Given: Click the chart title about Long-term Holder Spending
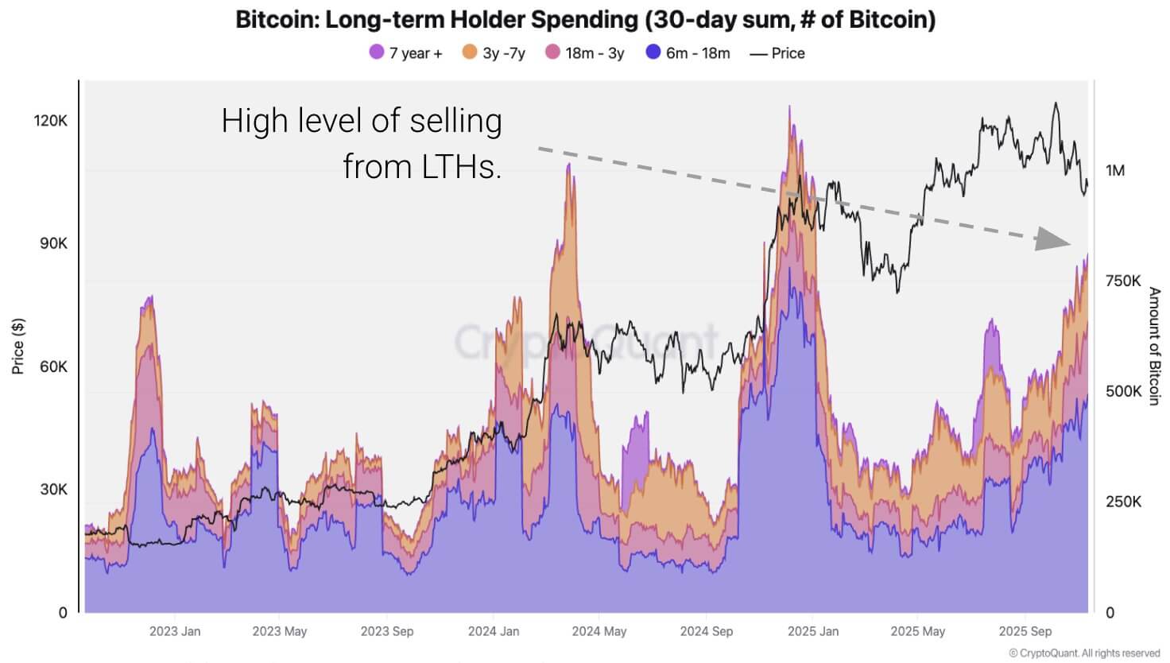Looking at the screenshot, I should click(x=585, y=19).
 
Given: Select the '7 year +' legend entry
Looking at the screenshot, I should click(x=405, y=53).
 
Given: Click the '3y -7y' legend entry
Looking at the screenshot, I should click(x=494, y=53).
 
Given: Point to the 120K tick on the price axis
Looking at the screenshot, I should click(x=51, y=121).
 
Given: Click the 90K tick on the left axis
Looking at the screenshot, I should click(x=53, y=243).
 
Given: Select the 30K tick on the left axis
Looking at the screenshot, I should click(x=53, y=490).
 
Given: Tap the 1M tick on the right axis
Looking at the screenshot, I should click(x=1114, y=170).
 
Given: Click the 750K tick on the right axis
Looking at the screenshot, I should click(x=1122, y=281).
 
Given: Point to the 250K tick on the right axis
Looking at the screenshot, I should click(x=1122, y=502).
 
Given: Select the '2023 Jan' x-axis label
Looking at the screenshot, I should click(x=175, y=631).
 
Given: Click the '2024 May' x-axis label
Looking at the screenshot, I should click(x=599, y=631).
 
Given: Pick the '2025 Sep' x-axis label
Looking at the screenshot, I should click(x=1025, y=631).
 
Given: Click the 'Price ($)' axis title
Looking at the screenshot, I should click(x=17, y=346).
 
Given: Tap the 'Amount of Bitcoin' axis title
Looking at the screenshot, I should click(x=1154, y=346).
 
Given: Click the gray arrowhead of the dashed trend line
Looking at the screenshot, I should click(x=1053, y=238).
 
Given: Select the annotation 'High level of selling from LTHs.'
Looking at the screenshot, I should click(x=362, y=143).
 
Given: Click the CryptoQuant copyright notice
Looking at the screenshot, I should click(x=1084, y=653).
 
